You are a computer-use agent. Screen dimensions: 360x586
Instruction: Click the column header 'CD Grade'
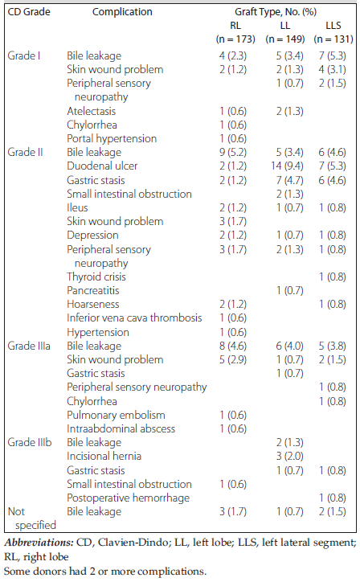click(x=29, y=12)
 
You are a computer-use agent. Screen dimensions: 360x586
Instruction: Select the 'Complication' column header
click(x=122, y=12)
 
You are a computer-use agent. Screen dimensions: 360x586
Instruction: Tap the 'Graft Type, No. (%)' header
click(x=276, y=12)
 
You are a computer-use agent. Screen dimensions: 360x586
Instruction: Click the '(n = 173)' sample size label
click(x=235, y=39)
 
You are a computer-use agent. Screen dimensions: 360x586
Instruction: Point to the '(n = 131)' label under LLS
click(x=333, y=39)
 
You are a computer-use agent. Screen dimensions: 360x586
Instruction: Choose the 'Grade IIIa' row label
click(x=29, y=346)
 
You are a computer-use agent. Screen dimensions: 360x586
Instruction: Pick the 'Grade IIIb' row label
click(x=30, y=442)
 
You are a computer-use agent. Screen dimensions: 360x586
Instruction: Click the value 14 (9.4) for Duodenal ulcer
click(x=287, y=166)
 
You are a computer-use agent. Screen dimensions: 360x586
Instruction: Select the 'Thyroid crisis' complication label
click(x=96, y=277)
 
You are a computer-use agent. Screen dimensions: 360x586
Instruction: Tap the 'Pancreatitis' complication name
click(x=93, y=290)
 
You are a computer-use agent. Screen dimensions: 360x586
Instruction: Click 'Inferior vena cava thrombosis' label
click(x=134, y=318)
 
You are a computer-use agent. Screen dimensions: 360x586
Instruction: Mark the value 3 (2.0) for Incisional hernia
click(x=290, y=456)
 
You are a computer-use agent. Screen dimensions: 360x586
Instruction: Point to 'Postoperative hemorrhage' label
click(x=128, y=498)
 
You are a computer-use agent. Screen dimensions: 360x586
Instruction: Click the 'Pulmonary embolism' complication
click(x=116, y=415)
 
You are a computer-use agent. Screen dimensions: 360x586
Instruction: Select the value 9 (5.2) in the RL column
click(x=233, y=152)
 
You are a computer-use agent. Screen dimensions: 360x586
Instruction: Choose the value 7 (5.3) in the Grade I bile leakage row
click(x=333, y=55)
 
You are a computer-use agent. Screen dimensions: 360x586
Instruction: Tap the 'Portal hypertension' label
click(x=112, y=138)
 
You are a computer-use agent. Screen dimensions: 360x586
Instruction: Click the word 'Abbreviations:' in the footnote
click(x=39, y=543)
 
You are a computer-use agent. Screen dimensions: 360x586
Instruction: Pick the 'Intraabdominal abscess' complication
click(x=121, y=428)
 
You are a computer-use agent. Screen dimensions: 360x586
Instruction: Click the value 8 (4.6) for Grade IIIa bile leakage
click(x=233, y=346)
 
